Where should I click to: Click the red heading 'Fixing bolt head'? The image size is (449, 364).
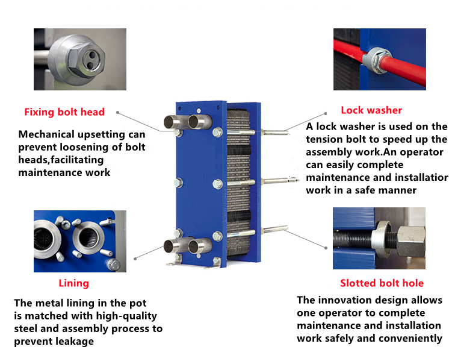[x=64, y=112]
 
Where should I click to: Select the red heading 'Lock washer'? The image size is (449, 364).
[x=371, y=110]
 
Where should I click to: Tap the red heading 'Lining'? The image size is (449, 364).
[x=73, y=283]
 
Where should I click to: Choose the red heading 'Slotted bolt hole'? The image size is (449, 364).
[x=382, y=283]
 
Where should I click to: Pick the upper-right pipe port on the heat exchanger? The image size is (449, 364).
[x=197, y=122]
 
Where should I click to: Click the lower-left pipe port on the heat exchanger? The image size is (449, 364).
[x=170, y=246]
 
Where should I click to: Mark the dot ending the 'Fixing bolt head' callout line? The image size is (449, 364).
[x=117, y=112]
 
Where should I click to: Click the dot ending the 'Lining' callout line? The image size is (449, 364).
[x=135, y=258]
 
